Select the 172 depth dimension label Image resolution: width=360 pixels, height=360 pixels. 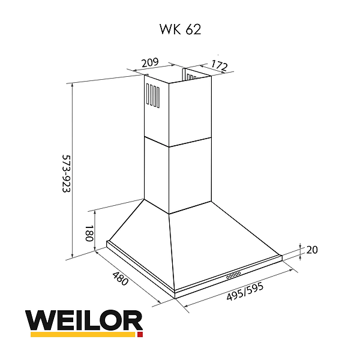pyautogui.click(x=218, y=66)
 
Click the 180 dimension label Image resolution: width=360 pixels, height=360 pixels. pyautogui.click(x=88, y=233)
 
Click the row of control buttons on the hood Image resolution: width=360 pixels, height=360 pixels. pyautogui.click(x=233, y=275)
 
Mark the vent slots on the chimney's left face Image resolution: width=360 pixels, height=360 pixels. pyautogui.click(x=152, y=95)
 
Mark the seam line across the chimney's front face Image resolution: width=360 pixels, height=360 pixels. pyautogui.click(x=190, y=142)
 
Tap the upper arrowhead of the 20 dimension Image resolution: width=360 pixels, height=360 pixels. pyautogui.click(x=299, y=247)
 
